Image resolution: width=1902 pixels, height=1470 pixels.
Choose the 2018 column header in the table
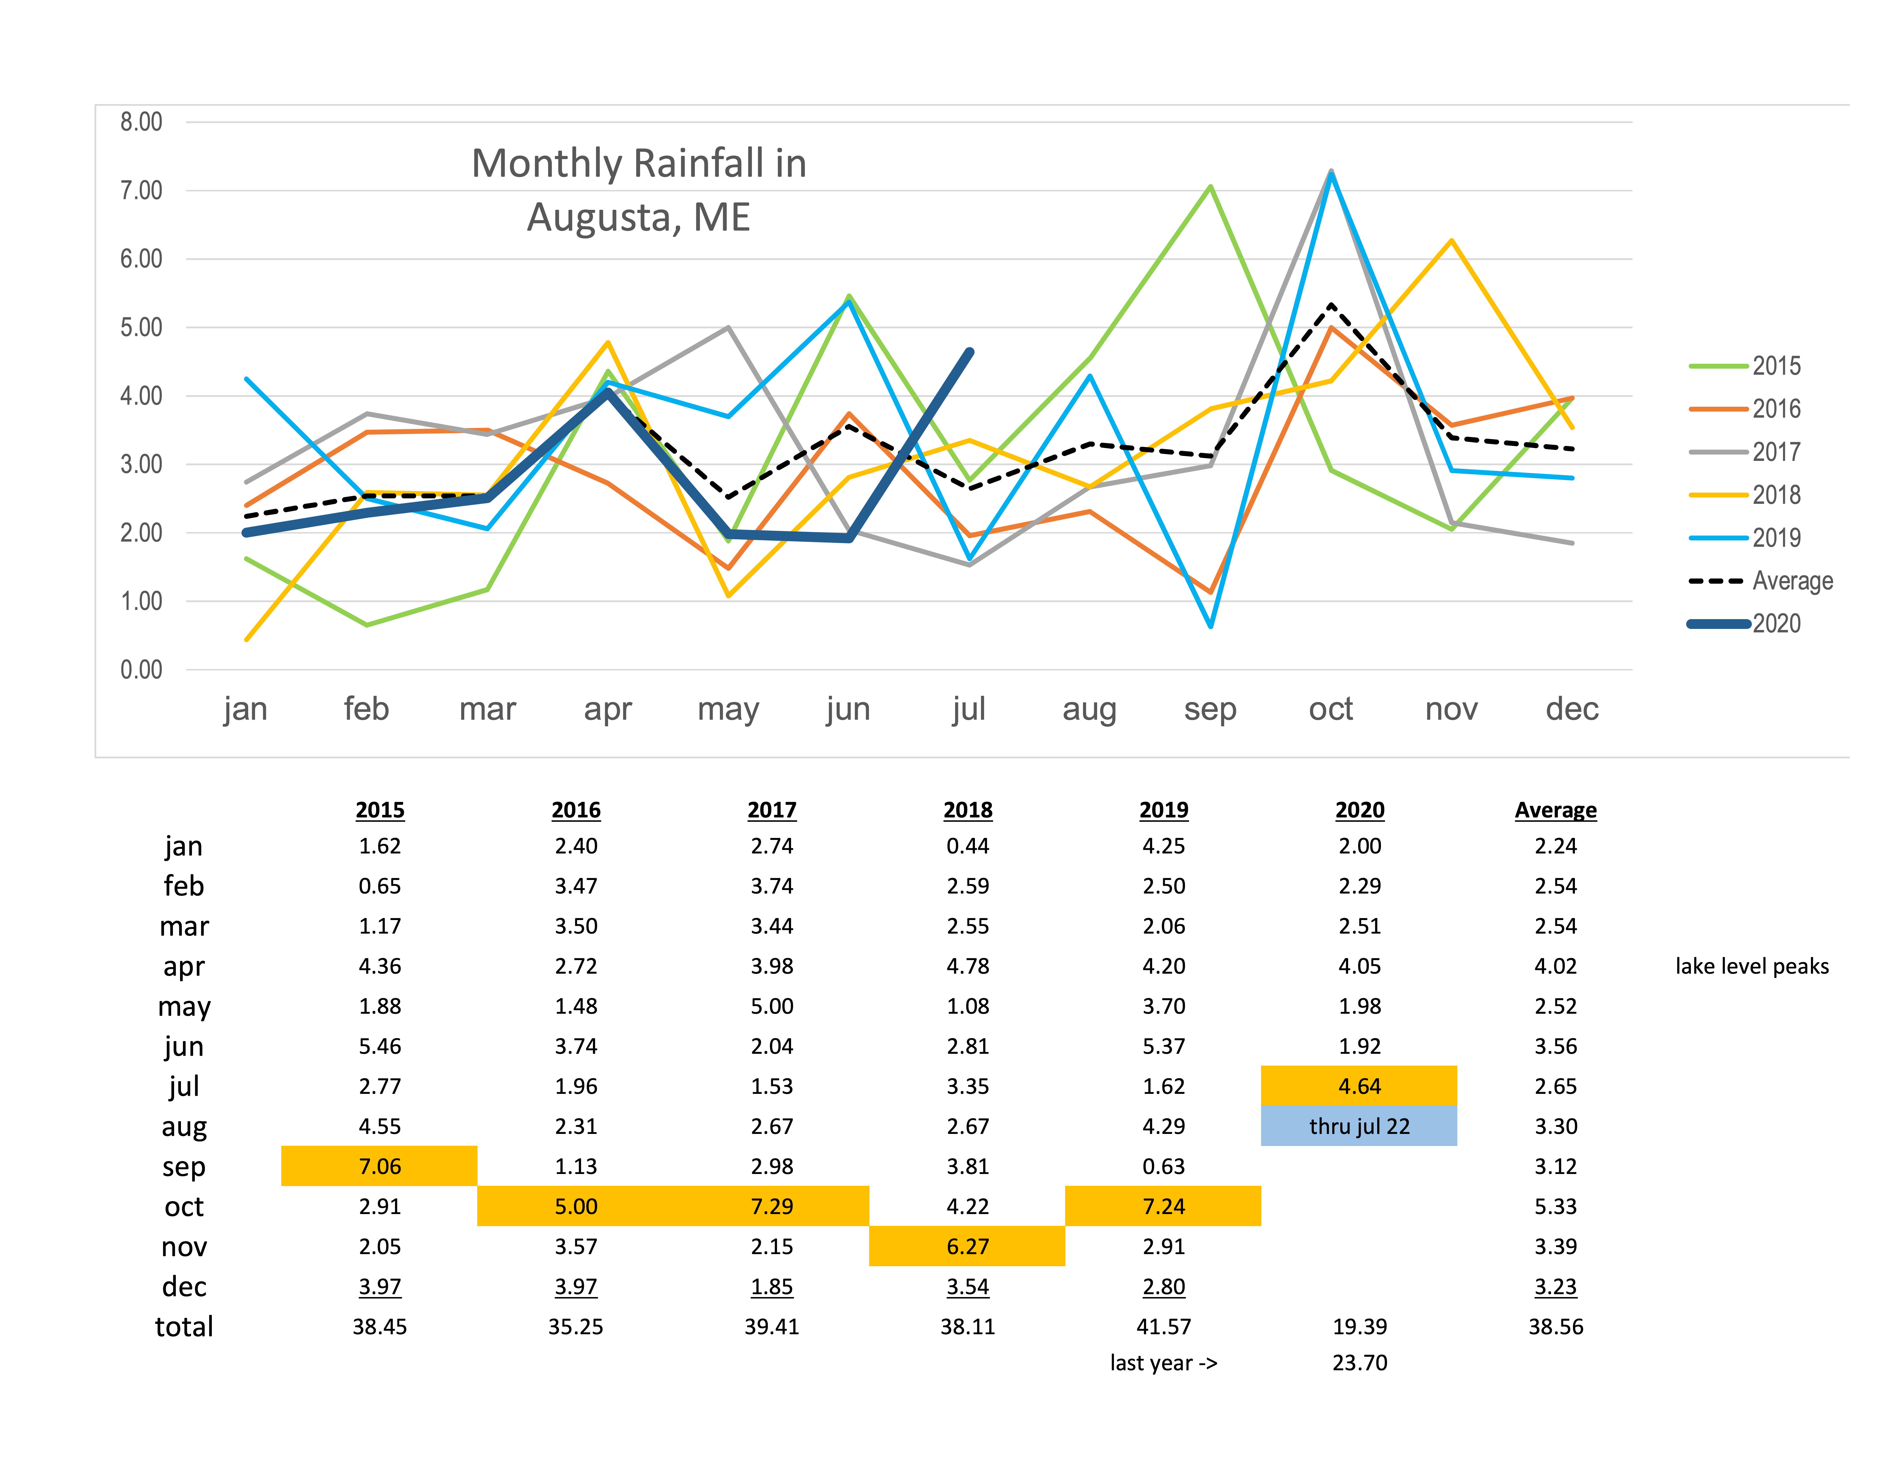967,810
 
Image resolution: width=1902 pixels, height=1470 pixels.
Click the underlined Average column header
1555,810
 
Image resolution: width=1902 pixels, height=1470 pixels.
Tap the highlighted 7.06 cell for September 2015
380,1166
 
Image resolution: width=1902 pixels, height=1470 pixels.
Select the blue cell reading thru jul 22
1358,1126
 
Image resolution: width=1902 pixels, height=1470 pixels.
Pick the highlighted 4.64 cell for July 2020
1358,1086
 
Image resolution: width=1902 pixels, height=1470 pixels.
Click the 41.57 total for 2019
1163,1326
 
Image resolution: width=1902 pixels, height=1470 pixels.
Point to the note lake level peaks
1751,966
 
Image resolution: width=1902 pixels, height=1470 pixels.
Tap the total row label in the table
184,1326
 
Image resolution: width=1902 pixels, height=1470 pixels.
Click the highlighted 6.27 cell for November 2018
967,1246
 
